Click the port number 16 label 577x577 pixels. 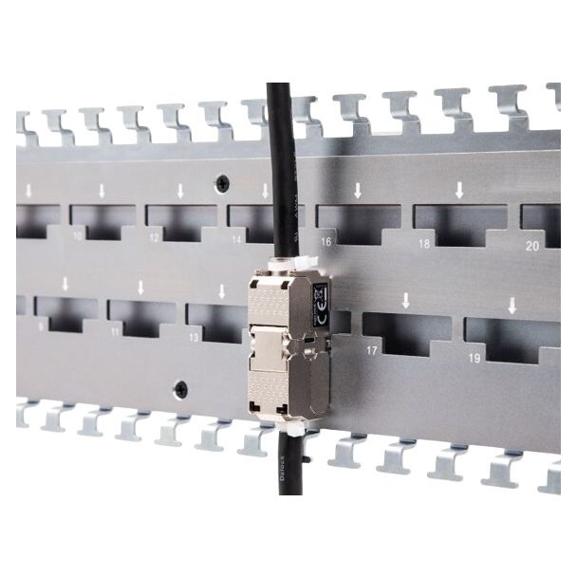point(326,242)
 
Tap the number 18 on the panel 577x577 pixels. point(423,244)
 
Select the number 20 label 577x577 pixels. point(531,245)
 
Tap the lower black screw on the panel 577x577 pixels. point(180,389)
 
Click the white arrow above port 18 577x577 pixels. point(459,190)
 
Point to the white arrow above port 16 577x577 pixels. point(357,190)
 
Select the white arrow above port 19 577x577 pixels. point(512,306)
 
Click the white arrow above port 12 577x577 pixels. point(180,190)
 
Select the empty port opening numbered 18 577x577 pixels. point(459,224)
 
